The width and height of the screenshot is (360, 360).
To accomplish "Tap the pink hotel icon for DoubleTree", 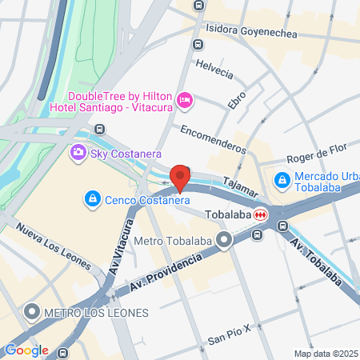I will tap(185, 98).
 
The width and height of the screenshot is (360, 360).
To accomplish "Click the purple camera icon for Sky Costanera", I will tap(78, 153).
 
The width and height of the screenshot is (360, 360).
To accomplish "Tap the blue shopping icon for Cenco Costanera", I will tap(94, 198).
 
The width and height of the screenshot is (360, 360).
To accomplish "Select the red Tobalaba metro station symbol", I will tap(261, 215).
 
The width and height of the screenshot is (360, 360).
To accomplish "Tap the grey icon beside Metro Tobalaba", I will tap(226, 239).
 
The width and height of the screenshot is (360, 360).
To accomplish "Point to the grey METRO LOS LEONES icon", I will tap(33, 311).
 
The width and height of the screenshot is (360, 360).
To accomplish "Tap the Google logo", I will tap(26, 350).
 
